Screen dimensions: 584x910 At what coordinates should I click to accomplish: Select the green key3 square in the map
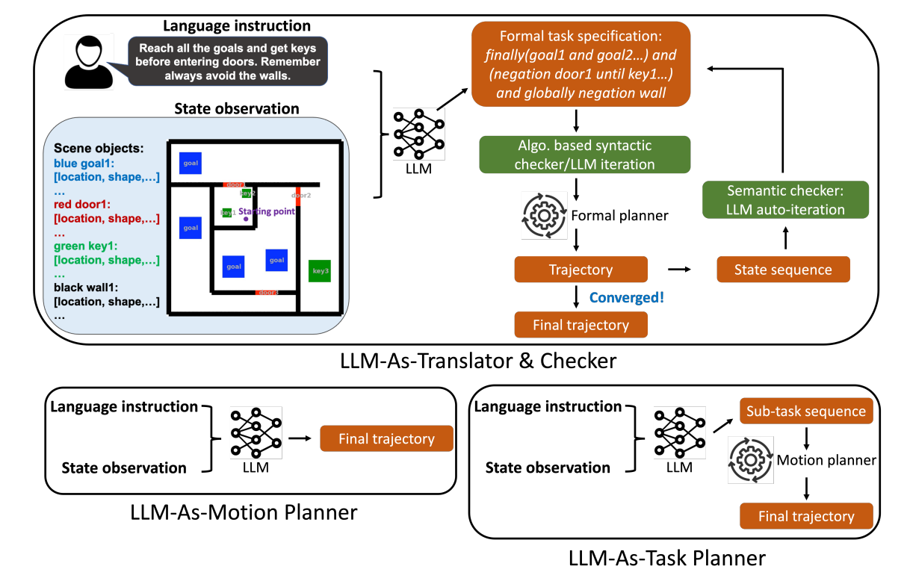click(320, 270)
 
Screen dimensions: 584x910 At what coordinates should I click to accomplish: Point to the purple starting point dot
click(247, 219)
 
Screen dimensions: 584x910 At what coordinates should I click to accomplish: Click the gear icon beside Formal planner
click(542, 216)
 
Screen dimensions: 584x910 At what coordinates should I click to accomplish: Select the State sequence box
click(783, 270)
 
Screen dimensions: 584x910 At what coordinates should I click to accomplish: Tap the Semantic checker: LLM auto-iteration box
click(784, 200)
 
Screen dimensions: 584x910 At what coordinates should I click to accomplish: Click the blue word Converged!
click(626, 298)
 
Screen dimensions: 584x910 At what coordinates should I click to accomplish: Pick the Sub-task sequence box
click(806, 411)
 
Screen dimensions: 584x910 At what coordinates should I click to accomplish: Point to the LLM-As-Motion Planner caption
click(243, 513)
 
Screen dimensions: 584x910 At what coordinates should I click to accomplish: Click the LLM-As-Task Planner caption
click(666, 558)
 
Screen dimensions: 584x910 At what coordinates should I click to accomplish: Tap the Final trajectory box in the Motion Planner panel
click(386, 438)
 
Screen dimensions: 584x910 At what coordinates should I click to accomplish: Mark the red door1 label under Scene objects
click(81, 204)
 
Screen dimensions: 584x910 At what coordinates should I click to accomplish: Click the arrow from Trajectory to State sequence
click(679, 269)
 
